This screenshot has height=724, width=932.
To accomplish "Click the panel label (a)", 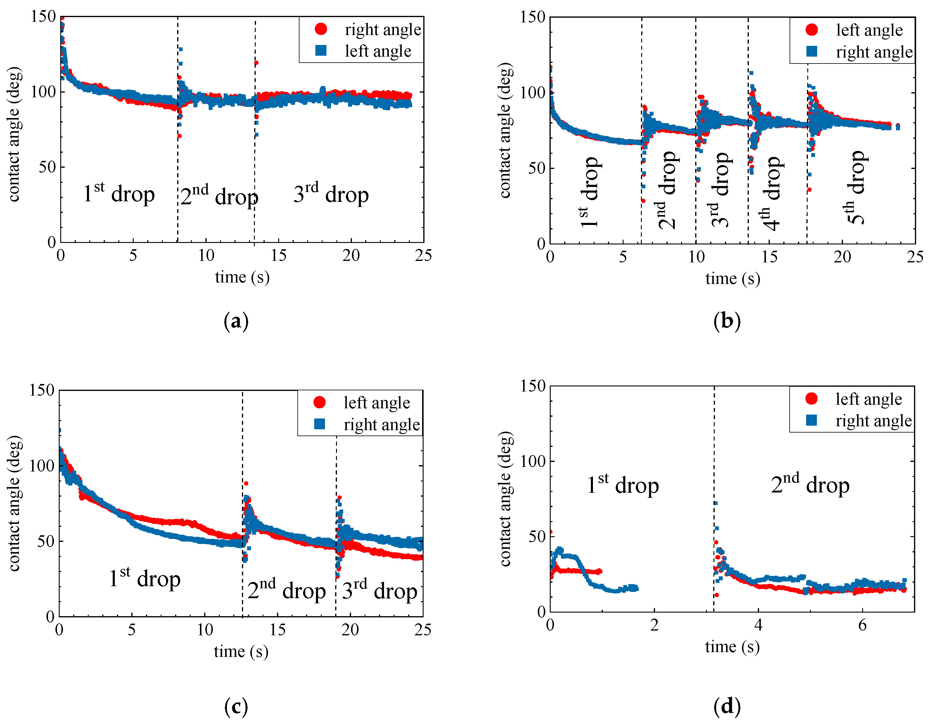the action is click(236, 321).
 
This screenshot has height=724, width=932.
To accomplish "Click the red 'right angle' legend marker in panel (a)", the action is click(321, 29).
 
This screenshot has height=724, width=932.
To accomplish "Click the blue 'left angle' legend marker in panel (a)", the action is click(321, 50).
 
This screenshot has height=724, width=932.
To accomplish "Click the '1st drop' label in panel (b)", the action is click(589, 192).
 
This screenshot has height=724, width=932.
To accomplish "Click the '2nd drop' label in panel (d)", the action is click(810, 484).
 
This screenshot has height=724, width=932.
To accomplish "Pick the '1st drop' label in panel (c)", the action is click(145, 578).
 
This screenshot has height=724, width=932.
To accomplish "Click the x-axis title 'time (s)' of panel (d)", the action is click(732, 647).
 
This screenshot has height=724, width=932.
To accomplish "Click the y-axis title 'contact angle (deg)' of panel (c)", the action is click(14, 503).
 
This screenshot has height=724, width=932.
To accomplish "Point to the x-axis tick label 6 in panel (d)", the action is click(862, 625).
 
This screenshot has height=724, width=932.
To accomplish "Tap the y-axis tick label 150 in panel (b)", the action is click(533, 17).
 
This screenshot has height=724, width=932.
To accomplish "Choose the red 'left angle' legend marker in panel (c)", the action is click(320, 402).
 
